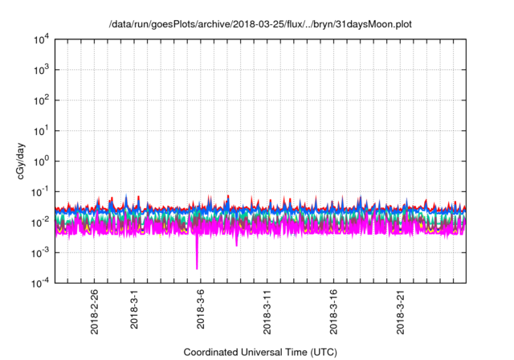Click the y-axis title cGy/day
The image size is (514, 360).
coord(23,161)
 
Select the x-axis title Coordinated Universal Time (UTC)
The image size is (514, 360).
coord(259,352)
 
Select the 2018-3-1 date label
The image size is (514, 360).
coord(133,309)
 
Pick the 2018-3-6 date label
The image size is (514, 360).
coord(200,309)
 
